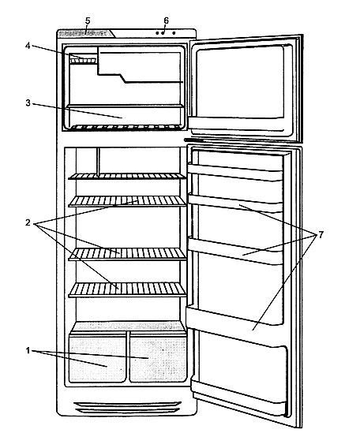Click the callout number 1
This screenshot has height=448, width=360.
[x=28, y=350]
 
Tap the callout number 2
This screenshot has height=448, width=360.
[x=28, y=222]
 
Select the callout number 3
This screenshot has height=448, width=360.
[x=28, y=103]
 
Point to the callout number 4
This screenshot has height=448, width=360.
[x=28, y=46]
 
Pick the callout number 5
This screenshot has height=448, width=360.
[x=88, y=21]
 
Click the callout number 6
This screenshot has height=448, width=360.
[x=166, y=21]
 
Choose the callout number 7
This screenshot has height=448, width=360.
[x=321, y=235]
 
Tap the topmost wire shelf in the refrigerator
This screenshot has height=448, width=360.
[x=127, y=177]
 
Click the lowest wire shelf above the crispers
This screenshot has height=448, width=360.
[x=127, y=289]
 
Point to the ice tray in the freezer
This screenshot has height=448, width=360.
[x=83, y=61]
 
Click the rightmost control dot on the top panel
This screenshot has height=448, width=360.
[x=174, y=33]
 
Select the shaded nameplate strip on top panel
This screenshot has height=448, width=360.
[x=86, y=33]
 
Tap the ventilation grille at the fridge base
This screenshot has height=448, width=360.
[x=127, y=408]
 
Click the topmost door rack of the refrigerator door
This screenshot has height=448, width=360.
[x=235, y=172]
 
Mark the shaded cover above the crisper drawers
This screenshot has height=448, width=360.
[x=128, y=327]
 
